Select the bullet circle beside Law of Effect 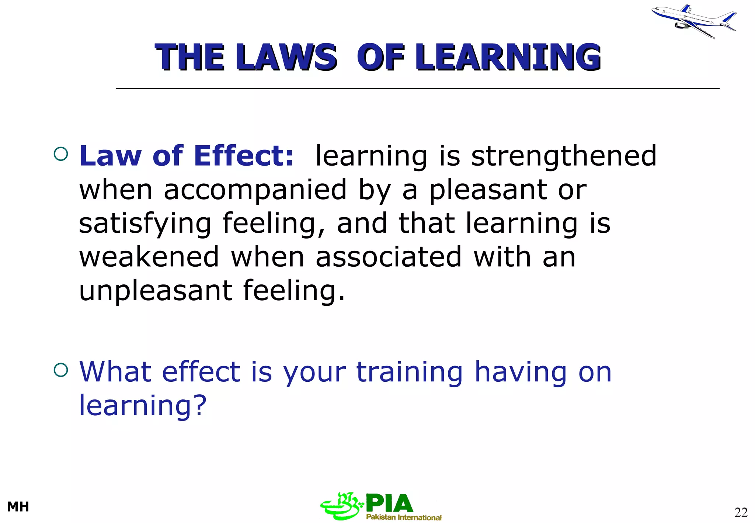pyautogui.click(x=61, y=154)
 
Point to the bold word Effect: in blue pyautogui.click(x=244, y=156)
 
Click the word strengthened pyautogui.click(x=564, y=156)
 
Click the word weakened pyautogui.click(x=149, y=257)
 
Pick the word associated pyautogui.click(x=389, y=257)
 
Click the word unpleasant pyautogui.click(x=156, y=291)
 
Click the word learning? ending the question pyautogui.click(x=143, y=406)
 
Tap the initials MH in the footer pyautogui.click(x=18, y=507)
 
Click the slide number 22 pyautogui.click(x=741, y=512)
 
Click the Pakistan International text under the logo pyautogui.click(x=404, y=517)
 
